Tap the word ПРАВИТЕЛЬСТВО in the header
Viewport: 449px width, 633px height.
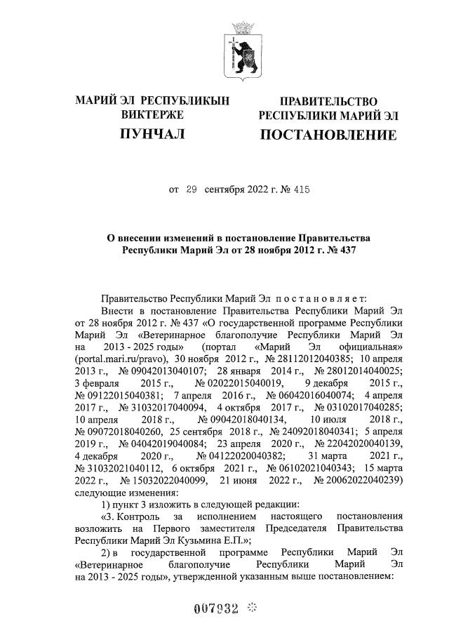(328, 102)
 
